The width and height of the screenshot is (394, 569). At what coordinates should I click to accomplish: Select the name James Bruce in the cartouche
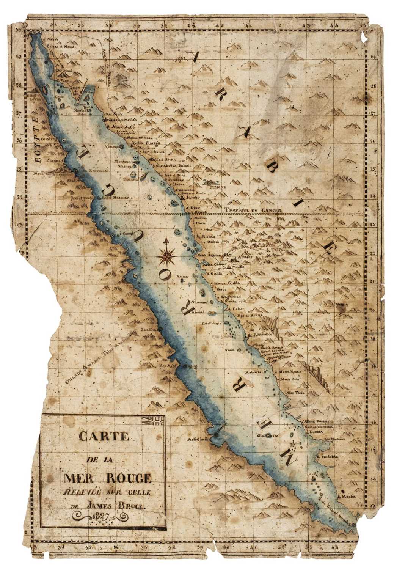tap(114, 505)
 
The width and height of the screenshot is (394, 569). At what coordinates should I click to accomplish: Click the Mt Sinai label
tap(64, 71)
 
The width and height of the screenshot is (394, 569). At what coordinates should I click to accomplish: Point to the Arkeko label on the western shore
tap(197, 440)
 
